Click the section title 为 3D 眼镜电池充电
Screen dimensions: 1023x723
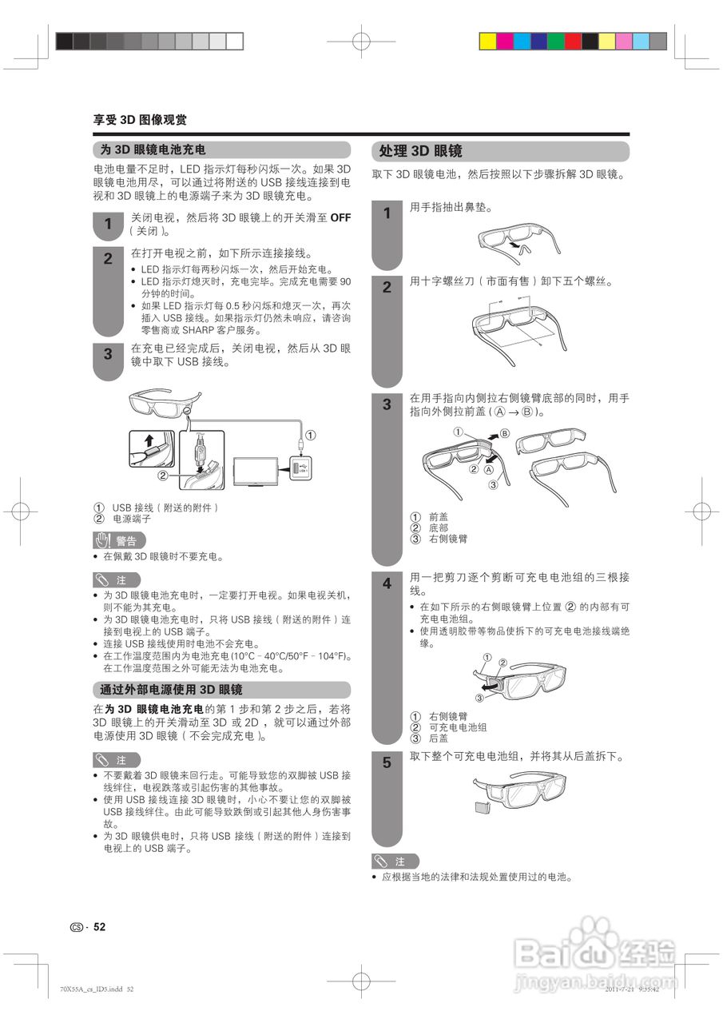(153, 149)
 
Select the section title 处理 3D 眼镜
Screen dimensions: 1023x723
(421, 151)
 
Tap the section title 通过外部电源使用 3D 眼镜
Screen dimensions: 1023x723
(171, 689)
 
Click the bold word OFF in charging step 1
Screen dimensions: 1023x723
(340, 217)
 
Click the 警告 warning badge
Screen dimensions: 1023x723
(119, 540)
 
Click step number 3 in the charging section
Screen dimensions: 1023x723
(108, 353)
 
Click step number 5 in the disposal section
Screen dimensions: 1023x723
(387, 762)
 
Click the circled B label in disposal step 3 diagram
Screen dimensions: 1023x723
(504, 434)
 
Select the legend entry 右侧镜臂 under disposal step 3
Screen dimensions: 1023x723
(448, 539)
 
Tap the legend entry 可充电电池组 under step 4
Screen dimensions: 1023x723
(458, 727)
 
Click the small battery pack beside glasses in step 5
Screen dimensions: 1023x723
(482, 806)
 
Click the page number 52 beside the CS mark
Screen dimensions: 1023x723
(100, 927)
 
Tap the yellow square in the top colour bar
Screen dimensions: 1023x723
(606, 42)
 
